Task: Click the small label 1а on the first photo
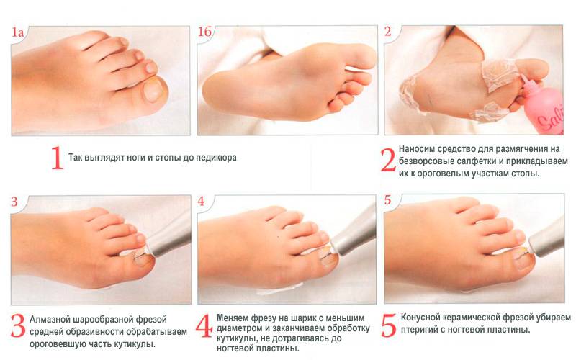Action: coord(17,32)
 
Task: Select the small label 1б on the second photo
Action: coord(205,32)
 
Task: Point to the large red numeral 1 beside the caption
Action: coord(57,158)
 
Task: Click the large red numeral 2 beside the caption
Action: coord(388,160)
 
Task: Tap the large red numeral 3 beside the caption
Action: coord(17,326)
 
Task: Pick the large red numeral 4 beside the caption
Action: coord(204,326)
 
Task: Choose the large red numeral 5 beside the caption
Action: coord(389,325)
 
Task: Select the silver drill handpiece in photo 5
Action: coord(546,238)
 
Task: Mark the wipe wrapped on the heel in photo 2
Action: coord(410,95)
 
